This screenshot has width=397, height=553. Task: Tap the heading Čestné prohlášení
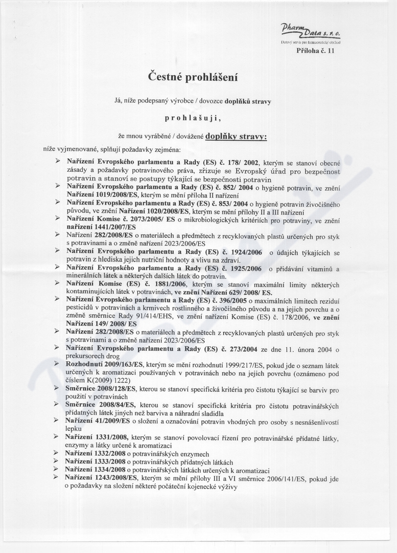[193, 77]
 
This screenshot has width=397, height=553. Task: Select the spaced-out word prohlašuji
[193, 118]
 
